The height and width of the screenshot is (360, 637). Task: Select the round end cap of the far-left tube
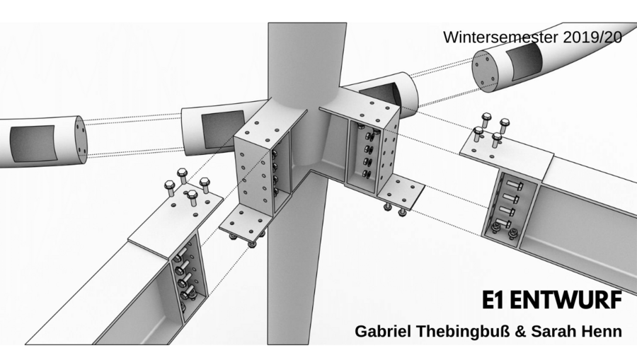[x=79, y=138]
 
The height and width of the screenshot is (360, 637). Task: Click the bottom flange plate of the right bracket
[x=400, y=191]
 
